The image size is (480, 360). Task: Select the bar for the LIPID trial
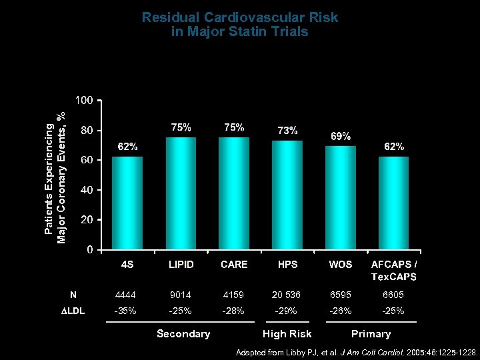181,193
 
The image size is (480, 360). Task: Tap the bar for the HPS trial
287,195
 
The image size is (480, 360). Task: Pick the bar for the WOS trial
341,198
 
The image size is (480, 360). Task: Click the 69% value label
341,137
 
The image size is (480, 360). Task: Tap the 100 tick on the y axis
83,101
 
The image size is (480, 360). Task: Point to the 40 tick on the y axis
86,190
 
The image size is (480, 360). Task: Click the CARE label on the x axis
234,265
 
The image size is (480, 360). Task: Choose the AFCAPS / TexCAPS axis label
394,271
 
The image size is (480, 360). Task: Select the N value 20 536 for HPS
287,294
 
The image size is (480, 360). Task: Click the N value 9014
181,294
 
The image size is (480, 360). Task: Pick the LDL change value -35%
127,311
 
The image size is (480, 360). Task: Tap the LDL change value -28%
234,311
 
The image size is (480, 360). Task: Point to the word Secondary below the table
183,333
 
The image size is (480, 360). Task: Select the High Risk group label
287,333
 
